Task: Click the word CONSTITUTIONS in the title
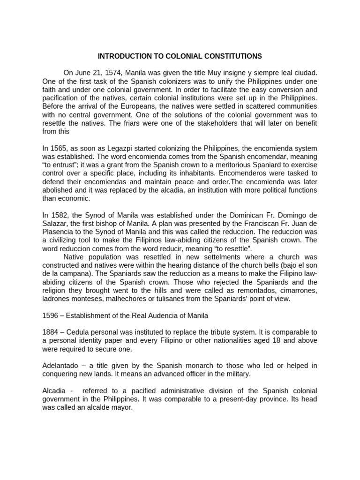click(x=228, y=56)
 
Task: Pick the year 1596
click(x=50, y=315)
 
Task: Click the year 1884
click(x=50, y=332)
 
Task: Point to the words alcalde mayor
click(x=110, y=407)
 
